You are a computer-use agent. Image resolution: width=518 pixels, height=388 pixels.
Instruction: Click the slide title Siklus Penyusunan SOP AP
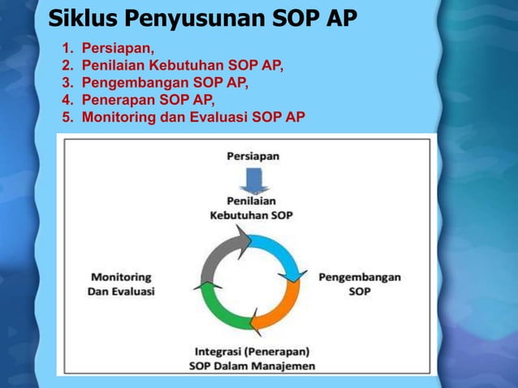(202, 19)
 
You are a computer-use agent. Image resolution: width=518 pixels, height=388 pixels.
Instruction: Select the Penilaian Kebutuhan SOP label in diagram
(252, 209)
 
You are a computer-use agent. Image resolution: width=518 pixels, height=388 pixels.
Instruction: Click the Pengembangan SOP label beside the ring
(360, 283)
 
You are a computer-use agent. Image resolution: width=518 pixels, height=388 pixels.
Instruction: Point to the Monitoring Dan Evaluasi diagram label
(121, 284)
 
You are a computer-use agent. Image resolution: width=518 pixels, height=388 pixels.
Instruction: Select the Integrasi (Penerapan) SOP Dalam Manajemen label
(252, 359)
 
